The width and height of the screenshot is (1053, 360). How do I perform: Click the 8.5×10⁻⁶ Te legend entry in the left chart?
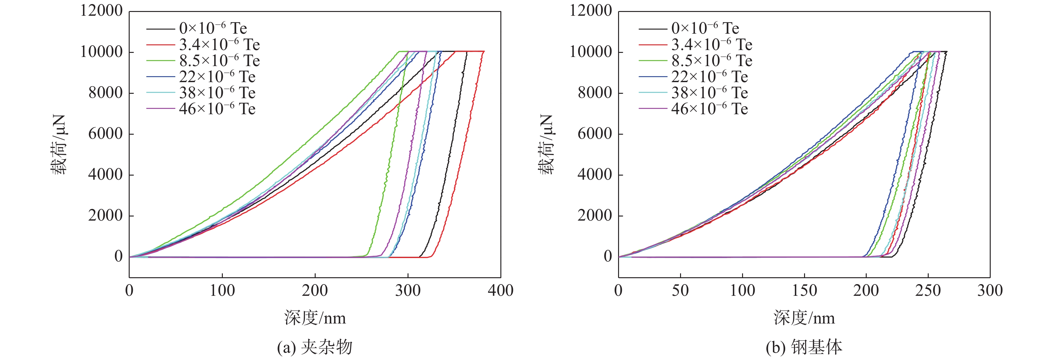click(220, 61)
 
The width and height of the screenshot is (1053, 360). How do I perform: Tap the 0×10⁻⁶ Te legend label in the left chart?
click(213, 29)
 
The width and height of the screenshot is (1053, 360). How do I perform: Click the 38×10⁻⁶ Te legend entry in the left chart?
click(217, 93)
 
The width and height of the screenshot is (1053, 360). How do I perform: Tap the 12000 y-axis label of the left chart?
click(101, 11)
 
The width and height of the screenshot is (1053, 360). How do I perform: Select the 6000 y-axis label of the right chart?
click(595, 134)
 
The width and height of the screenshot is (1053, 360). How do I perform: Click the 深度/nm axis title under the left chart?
click(315, 318)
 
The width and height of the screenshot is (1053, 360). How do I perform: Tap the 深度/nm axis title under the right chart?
click(804, 318)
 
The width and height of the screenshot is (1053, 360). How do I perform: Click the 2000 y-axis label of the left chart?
click(105, 215)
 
